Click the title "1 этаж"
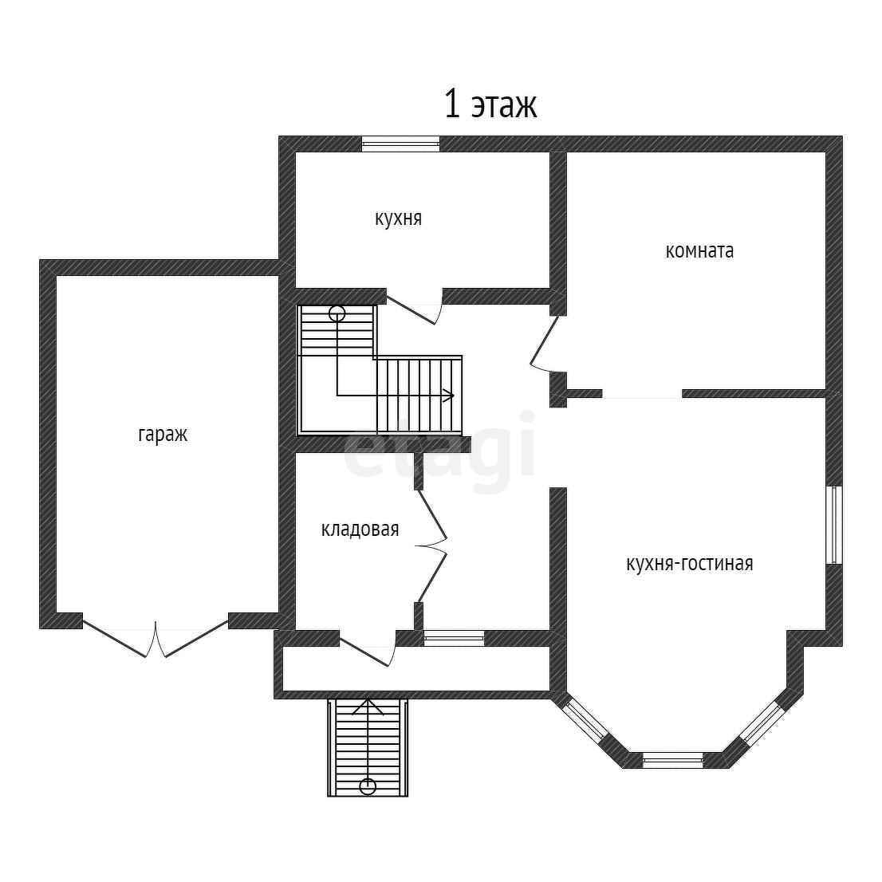[x=490, y=104]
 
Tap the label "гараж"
[x=163, y=435]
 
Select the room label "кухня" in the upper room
[x=398, y=219]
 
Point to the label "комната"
[x=699, y=251]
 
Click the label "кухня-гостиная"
[x=690, y=563]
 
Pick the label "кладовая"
[x=360, y=530]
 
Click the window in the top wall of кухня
[x=400, y=144]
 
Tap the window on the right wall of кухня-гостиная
[x=834, y=525]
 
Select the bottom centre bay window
[x=673, y=760]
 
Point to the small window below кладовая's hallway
[x=454, y=638]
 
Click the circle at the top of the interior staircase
[x=337, y=314]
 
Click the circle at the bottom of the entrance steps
[x=368, y=786]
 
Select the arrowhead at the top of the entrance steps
[x=368, y=707]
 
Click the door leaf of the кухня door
[x=411, y=310]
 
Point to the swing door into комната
[x=544, y=341]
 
